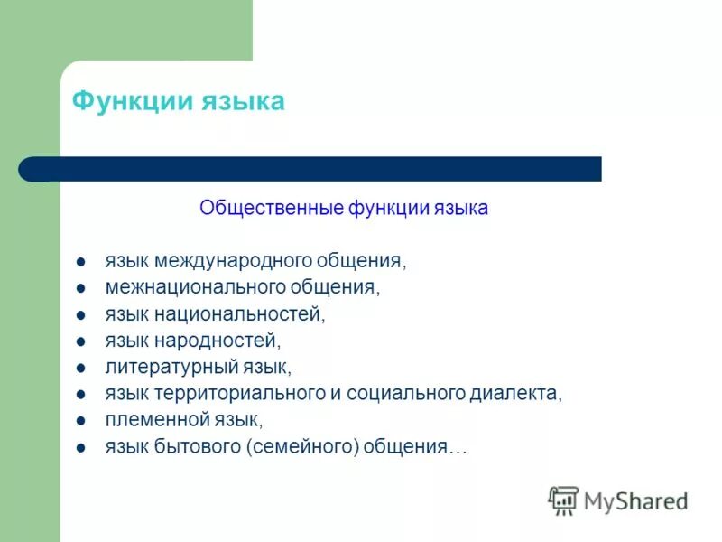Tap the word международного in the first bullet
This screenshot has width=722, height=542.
(234, 262)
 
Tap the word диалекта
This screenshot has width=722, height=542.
(515, 394)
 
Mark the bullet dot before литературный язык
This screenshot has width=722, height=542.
(81, 369)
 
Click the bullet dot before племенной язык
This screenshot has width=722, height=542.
(81, 421)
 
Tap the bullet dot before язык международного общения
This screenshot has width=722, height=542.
(81, 263)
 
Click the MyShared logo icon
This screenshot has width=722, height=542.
(563, 500)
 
